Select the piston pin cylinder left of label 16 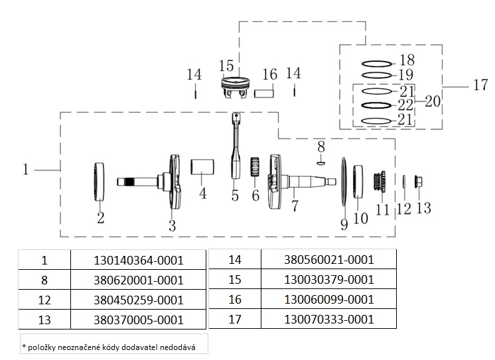tap(265, 91)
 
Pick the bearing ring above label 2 tap(100, 181)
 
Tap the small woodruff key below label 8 tap(320, 159)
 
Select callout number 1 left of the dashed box tap(25, 170)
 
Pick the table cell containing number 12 tap(44, 300)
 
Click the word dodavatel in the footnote tap(157, 346)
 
